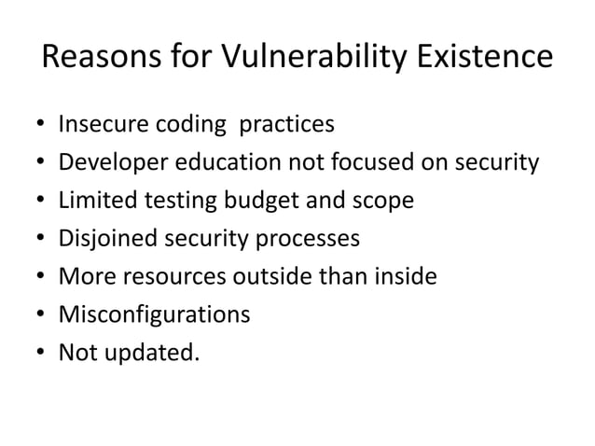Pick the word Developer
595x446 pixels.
pos(111,162)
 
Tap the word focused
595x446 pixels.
pos(358,162)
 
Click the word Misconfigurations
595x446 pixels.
pos(154,315)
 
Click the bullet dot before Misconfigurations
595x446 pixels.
pos(43,315)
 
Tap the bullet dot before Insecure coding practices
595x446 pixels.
pos(43,124)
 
